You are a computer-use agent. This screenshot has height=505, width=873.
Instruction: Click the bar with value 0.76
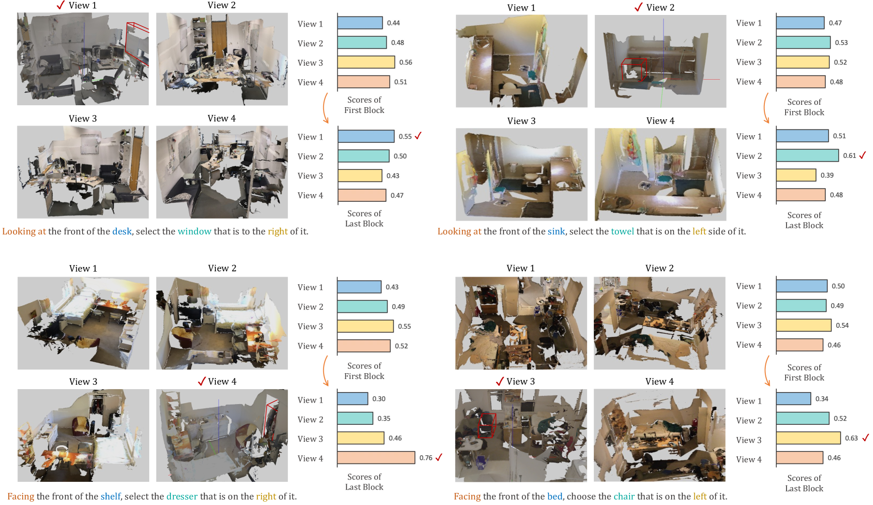tap(376, 458)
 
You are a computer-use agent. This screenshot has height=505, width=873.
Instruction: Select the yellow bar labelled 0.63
tap(808, 438)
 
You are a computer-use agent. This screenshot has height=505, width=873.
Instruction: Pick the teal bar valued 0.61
tap(807, 155)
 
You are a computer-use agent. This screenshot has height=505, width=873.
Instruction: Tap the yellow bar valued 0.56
tap(366, 62)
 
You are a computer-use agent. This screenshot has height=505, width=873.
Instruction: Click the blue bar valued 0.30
tap(352, 399)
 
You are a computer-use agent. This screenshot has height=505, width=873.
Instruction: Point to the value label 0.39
tap(827, 175)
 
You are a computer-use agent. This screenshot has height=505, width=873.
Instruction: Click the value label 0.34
tap(822, 399)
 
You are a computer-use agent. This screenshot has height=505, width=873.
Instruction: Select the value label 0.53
tap(842, 42)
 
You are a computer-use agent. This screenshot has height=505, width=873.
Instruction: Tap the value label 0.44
tap(394, 23)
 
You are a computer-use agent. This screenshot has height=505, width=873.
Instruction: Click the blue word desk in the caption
tap(122, 231)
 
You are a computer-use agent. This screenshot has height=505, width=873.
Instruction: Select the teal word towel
tap(622, 231)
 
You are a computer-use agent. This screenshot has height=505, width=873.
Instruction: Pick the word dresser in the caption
tap(182, 496)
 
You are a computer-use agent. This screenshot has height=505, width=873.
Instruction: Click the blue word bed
tap(555, 496)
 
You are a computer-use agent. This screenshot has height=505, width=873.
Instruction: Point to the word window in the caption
tap(195, 231)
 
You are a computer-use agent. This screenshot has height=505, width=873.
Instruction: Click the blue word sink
tap(556, 231)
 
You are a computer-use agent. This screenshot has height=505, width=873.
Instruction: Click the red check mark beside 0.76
tap(438, 457)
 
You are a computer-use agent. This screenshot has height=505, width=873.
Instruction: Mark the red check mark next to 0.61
tap(862, 155)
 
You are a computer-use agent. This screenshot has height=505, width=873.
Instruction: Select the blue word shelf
tap(111, 496)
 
